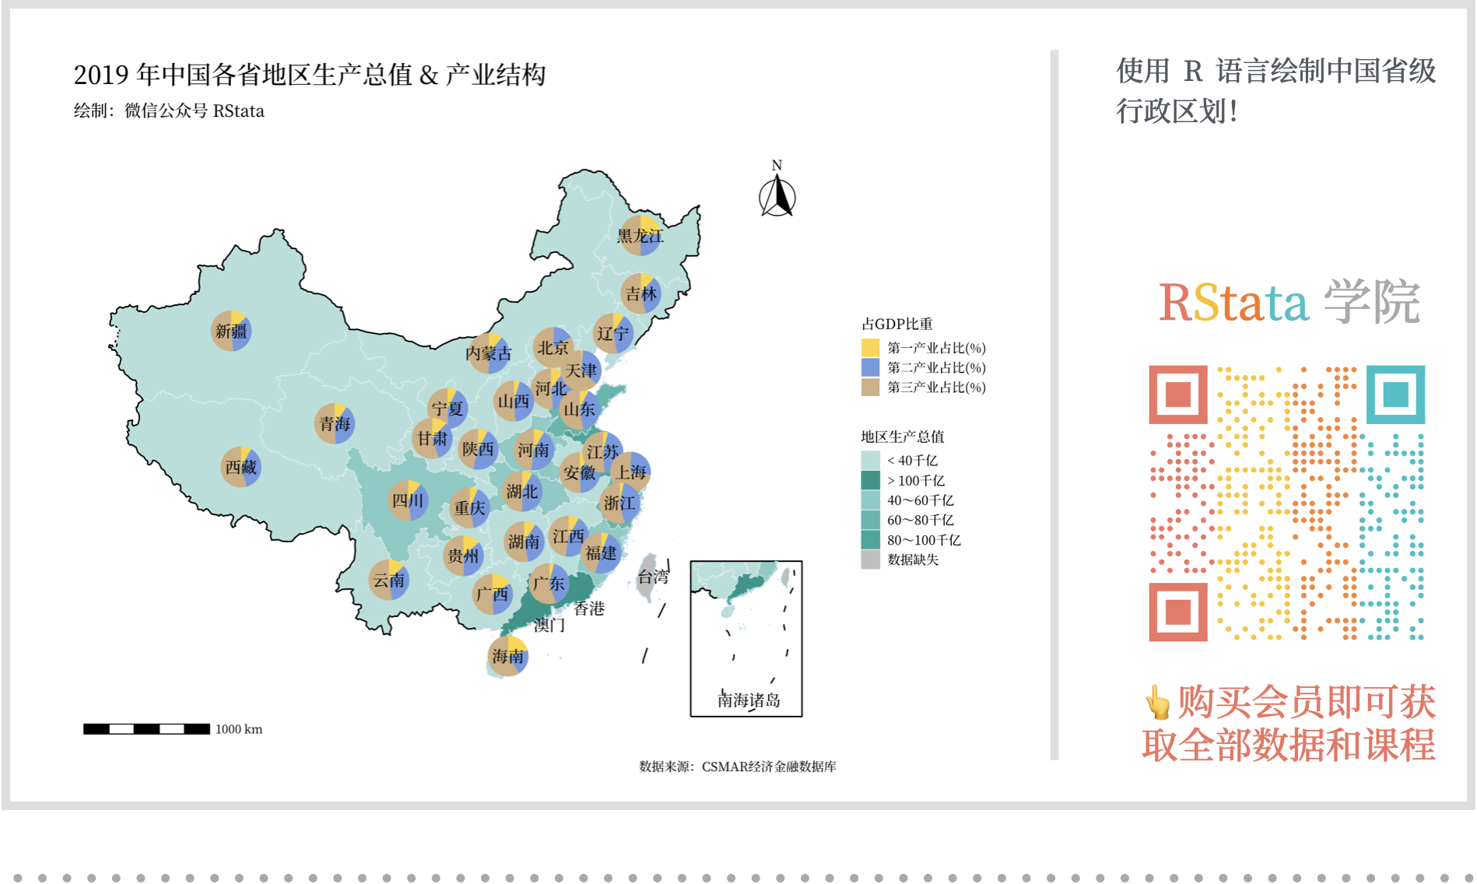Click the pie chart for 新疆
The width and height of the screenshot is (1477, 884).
pos(231,331)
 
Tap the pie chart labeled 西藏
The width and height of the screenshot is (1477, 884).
pos(240,467)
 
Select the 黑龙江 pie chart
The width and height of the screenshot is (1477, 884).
pos(640,235)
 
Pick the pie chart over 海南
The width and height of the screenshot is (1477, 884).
pos(508,656)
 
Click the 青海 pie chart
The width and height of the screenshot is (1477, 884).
pos(335,423)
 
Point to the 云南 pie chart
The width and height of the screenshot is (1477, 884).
pos(388,580)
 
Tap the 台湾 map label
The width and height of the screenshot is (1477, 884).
pos(653,577)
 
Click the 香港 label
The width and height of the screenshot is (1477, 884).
pos(589,609)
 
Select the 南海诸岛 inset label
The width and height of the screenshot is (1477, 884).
pos(748,700)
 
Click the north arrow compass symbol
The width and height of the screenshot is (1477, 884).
pos(777,196)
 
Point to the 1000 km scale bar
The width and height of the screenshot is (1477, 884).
pos(146,729)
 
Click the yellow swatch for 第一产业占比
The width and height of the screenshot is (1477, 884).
pos(870,348)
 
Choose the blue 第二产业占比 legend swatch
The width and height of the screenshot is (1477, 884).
pos(870,367)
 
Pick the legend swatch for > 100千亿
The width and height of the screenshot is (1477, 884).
pos(870,480)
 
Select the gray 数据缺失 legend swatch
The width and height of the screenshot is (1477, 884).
pos(870,560)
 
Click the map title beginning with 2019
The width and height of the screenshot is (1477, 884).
pos(310,75)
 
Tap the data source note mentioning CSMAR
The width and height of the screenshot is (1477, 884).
pos(738,766)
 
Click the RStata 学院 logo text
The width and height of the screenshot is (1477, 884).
pos(1289,302)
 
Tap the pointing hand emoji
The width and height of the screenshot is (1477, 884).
pos(1157,702)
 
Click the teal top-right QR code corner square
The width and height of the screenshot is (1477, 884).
pos(1395,395)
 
